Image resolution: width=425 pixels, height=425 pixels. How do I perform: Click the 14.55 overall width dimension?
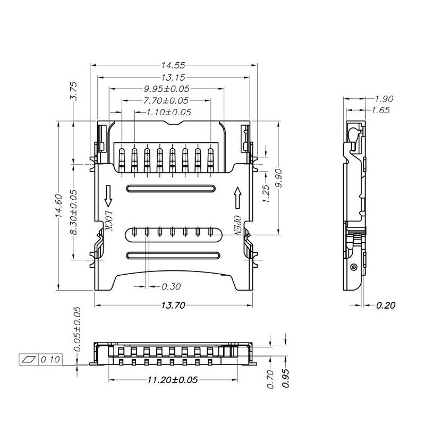(173, 65)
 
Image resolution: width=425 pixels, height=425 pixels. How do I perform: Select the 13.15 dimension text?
(173, 77)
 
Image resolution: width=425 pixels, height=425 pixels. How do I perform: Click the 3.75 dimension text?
(74, 91)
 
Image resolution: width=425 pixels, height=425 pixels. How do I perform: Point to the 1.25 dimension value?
(267, 193)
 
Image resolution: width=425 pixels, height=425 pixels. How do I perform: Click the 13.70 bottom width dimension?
(173, 306)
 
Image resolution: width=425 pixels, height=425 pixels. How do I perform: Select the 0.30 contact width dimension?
(171, 286)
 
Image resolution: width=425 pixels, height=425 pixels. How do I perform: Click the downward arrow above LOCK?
(108, 195)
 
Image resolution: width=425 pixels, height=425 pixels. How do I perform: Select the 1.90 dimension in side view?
(384, 99)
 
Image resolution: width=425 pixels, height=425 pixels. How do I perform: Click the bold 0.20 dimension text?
(386, 305)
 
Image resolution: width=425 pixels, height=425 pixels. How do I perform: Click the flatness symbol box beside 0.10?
(28, 360)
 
